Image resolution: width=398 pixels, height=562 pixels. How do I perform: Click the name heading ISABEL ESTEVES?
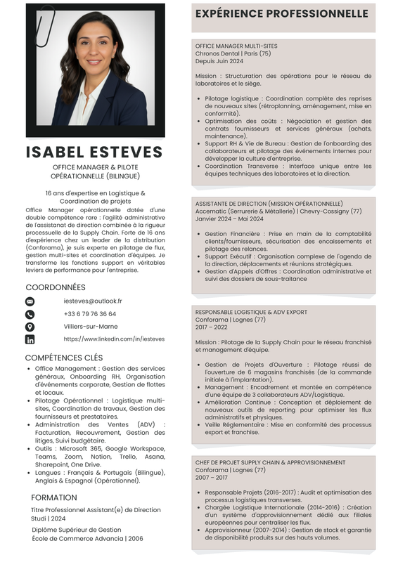94,152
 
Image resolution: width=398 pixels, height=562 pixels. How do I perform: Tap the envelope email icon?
30,301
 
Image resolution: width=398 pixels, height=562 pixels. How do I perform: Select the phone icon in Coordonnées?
30,314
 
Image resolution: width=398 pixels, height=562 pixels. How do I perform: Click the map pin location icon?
30,327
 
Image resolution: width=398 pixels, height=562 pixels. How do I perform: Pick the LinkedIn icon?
30,339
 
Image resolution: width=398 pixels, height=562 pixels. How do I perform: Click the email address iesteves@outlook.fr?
92,301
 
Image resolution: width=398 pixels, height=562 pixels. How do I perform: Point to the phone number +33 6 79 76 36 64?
90,314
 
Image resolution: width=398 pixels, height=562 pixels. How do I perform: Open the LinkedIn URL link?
114,339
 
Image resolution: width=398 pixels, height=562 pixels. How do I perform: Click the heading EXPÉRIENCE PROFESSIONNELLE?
281,14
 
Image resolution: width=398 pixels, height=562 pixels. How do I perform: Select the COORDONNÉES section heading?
56,287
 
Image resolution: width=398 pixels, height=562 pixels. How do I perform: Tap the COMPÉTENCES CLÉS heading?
64,358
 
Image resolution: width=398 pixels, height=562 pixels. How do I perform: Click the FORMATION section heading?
54,497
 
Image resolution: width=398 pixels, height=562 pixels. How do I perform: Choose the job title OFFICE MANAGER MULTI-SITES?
236,46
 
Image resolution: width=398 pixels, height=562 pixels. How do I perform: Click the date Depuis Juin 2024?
218,61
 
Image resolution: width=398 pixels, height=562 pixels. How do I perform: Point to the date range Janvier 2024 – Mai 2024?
229,218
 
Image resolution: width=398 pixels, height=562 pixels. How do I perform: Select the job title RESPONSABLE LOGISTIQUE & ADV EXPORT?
251,312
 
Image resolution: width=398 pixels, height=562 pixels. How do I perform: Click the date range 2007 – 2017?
212,478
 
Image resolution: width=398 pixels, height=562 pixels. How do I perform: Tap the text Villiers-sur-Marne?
91,327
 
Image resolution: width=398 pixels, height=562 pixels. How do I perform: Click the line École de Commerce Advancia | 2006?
87,539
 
